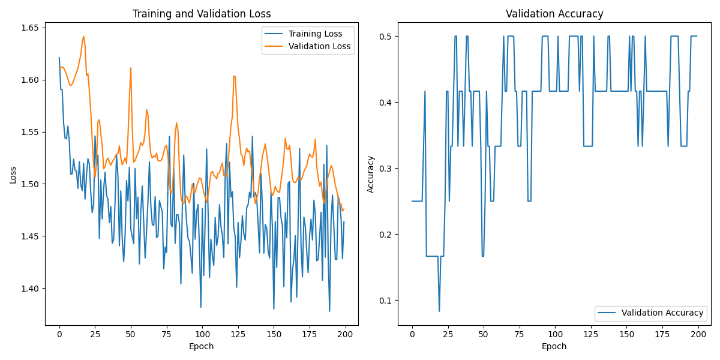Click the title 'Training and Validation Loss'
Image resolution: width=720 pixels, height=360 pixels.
click(x=202, y=14)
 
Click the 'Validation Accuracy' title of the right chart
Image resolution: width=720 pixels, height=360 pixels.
click(x=554, y=14)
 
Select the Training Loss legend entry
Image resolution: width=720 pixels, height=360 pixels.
click(x=315, y=34)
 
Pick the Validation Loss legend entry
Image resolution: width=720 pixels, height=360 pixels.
click(x=317, y=46)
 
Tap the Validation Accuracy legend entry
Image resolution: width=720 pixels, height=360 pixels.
click(x=662, y=313)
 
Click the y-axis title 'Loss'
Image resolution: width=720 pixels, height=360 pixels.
click(x=13, y=175)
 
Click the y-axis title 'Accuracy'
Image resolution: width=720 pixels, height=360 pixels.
click(x=370, y=175)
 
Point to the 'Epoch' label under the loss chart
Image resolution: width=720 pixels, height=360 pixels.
click(x=202, y=346)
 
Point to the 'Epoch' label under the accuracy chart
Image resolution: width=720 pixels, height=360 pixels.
click(x=554, y=346)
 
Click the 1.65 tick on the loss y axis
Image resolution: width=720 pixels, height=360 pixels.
click(x=29, y=28)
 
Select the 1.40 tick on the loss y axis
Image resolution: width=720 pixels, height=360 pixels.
click(x=29, y=289)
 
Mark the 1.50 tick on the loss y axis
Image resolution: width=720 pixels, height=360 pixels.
click(x=29, y=184)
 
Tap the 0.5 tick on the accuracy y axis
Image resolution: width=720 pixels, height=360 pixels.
click(x=385, y=37)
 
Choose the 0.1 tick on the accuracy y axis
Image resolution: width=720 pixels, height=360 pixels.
click(x=385, y=300)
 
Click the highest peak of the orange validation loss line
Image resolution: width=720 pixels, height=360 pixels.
click(x=83, y=36)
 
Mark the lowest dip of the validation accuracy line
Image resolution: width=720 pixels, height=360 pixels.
click(x=439, y=311)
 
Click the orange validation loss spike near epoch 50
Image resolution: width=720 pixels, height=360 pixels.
click(x=130, y=68)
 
